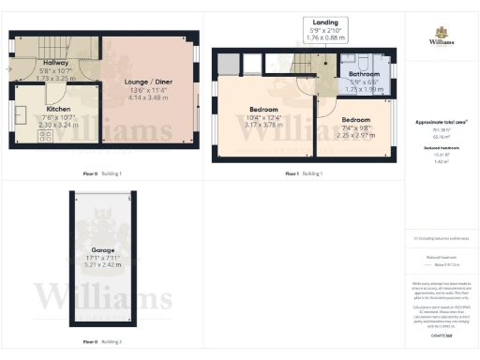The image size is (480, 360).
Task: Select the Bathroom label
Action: pos(364,73)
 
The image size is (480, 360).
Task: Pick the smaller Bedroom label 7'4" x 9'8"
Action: pos(356,121)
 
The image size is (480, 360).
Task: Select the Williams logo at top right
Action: pos(442,36)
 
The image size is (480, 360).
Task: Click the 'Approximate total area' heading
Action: pos(441,123)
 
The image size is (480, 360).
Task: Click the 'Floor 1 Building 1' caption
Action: pos(305,173)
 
